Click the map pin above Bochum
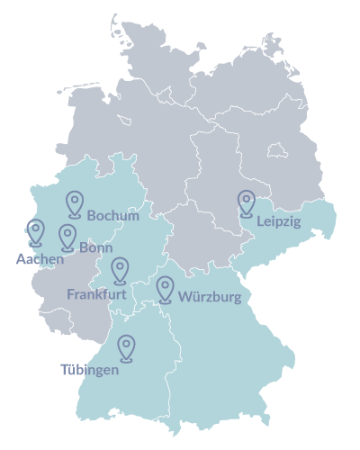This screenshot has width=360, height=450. tap(74, 203)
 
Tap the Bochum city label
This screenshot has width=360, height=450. tap(113, 214)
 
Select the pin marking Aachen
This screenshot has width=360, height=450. tap(36, 231)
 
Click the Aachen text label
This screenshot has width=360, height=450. tap(38, 259)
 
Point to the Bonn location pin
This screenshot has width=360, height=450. tap(67, 236)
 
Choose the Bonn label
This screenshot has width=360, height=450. tap(95, 245)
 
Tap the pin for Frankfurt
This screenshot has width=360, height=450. tap(120, 269)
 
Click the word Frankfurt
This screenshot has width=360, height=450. tap(98, 294)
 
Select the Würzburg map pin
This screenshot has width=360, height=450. tap(165, 288)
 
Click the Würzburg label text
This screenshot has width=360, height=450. tap(211, 297)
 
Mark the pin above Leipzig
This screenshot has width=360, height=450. tap(246, 203)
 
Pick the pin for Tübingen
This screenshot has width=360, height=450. tap(127, 347)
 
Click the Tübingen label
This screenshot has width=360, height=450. tap(89, 370)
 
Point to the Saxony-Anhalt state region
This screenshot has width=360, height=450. tap(216, 171)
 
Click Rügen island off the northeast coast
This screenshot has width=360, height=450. tap(269, 41)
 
